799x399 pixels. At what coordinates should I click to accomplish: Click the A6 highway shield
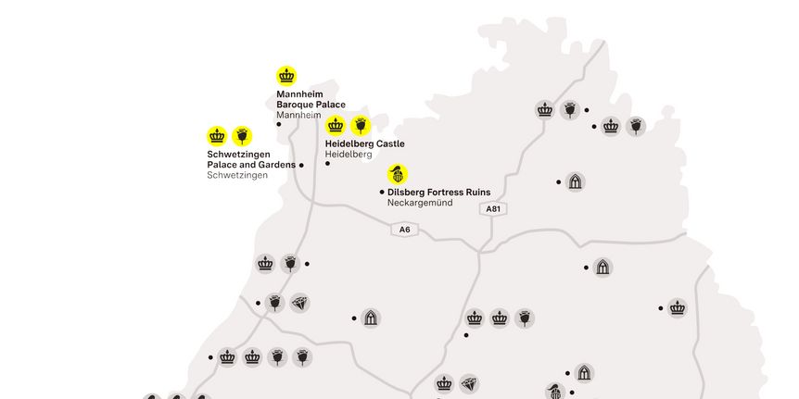(405, 230)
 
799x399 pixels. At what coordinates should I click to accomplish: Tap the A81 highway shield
(493, 209)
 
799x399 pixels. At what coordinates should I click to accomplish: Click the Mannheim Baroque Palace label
(311, 100)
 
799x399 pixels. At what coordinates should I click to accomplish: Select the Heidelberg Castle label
(364, 144)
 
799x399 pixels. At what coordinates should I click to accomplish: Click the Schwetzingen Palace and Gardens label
(250, 159)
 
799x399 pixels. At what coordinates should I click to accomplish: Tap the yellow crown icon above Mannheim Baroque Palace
(286, 76)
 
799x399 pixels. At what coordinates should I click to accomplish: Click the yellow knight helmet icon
(398, 174)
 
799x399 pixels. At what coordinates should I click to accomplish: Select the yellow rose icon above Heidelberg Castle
(361, 125)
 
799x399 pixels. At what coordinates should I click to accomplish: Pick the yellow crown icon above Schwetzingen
(217, 136)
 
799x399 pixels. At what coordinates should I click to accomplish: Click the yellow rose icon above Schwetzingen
(242, 136)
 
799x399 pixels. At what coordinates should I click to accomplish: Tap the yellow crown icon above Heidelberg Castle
(336, 125)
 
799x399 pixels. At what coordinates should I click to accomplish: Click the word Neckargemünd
(420, 203)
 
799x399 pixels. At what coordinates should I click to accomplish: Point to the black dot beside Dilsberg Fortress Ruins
(382, 192)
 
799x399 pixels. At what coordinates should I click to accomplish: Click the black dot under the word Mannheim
(279, 124)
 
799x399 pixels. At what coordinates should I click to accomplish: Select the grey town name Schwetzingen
(237, 175)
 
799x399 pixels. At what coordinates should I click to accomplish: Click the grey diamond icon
(299, 303)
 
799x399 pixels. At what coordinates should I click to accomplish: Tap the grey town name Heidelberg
(349, 155)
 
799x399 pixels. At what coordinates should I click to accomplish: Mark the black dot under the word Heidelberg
(327, 163)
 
